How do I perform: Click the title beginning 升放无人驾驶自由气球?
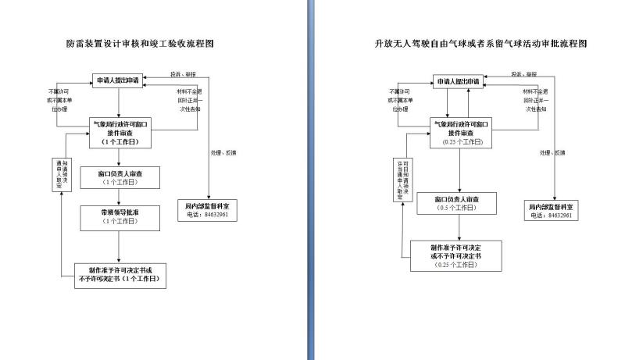pyautogui.click(x=480, y=44)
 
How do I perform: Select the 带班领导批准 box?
pyautogui.click(x=120, y=216)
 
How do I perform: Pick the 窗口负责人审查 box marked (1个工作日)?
pyautogui.click(x=120, y=177)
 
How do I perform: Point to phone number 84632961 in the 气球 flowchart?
pyautogui.click(x=561, y=216)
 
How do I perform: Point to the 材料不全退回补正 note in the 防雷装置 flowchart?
pyautogui.click(x=187, y=101)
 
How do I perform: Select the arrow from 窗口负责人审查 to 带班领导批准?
pyautogui.click(x=120, y=196)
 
